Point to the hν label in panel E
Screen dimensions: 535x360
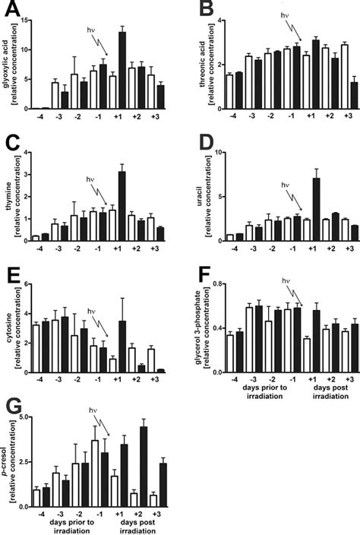click(93, 311)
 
